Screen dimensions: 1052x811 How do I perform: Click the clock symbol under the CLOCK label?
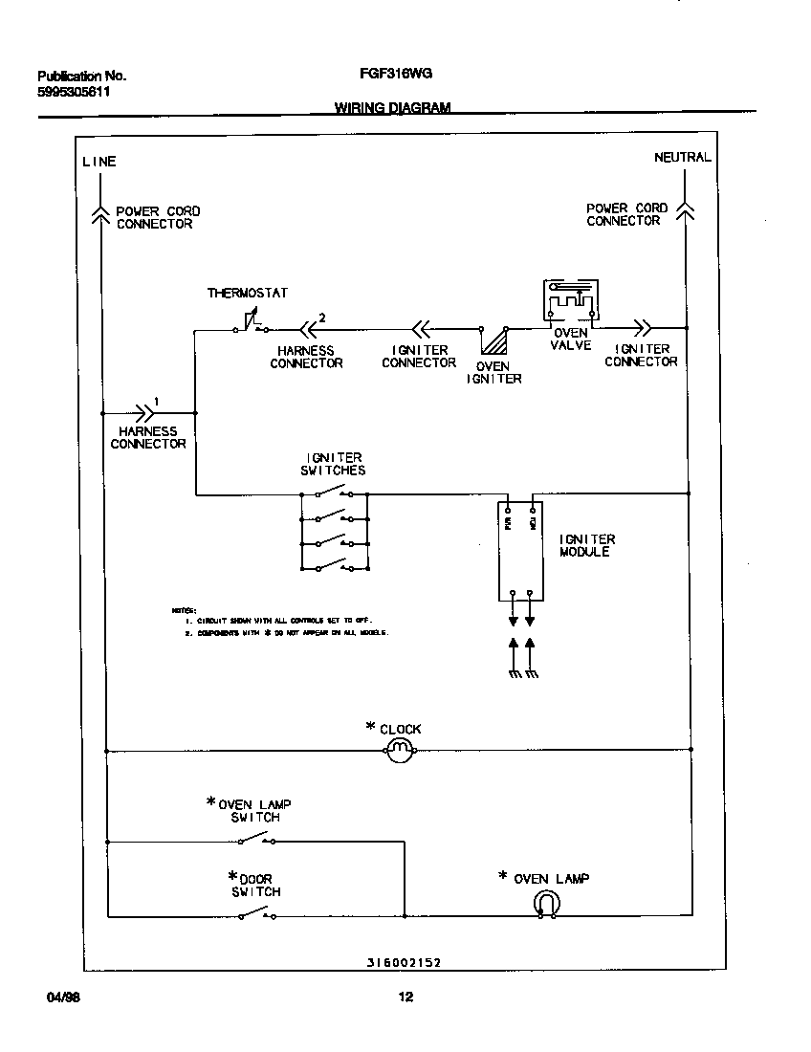[401, 752]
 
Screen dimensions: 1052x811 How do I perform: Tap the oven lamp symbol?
[547, 904]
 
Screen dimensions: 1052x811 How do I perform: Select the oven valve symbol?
[570, 301]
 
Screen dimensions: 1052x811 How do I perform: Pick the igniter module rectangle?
[521, 552]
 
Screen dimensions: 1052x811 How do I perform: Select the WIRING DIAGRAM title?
[392, 108]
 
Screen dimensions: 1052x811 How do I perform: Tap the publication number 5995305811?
[74, 93]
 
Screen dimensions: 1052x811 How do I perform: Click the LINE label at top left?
[99, 162]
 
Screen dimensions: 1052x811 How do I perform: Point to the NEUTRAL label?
[682, 157]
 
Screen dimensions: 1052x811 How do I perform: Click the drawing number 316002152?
[403, 963]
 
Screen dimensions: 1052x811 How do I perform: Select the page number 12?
[405, 997]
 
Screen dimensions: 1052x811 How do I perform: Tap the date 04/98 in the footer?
[63, 997]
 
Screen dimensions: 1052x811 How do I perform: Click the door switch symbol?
[255, 915]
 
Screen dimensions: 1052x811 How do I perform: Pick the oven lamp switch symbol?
[255, 841]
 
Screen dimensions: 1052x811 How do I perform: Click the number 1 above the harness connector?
[157, 402]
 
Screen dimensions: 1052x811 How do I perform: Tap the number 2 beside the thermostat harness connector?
[322, 318]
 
